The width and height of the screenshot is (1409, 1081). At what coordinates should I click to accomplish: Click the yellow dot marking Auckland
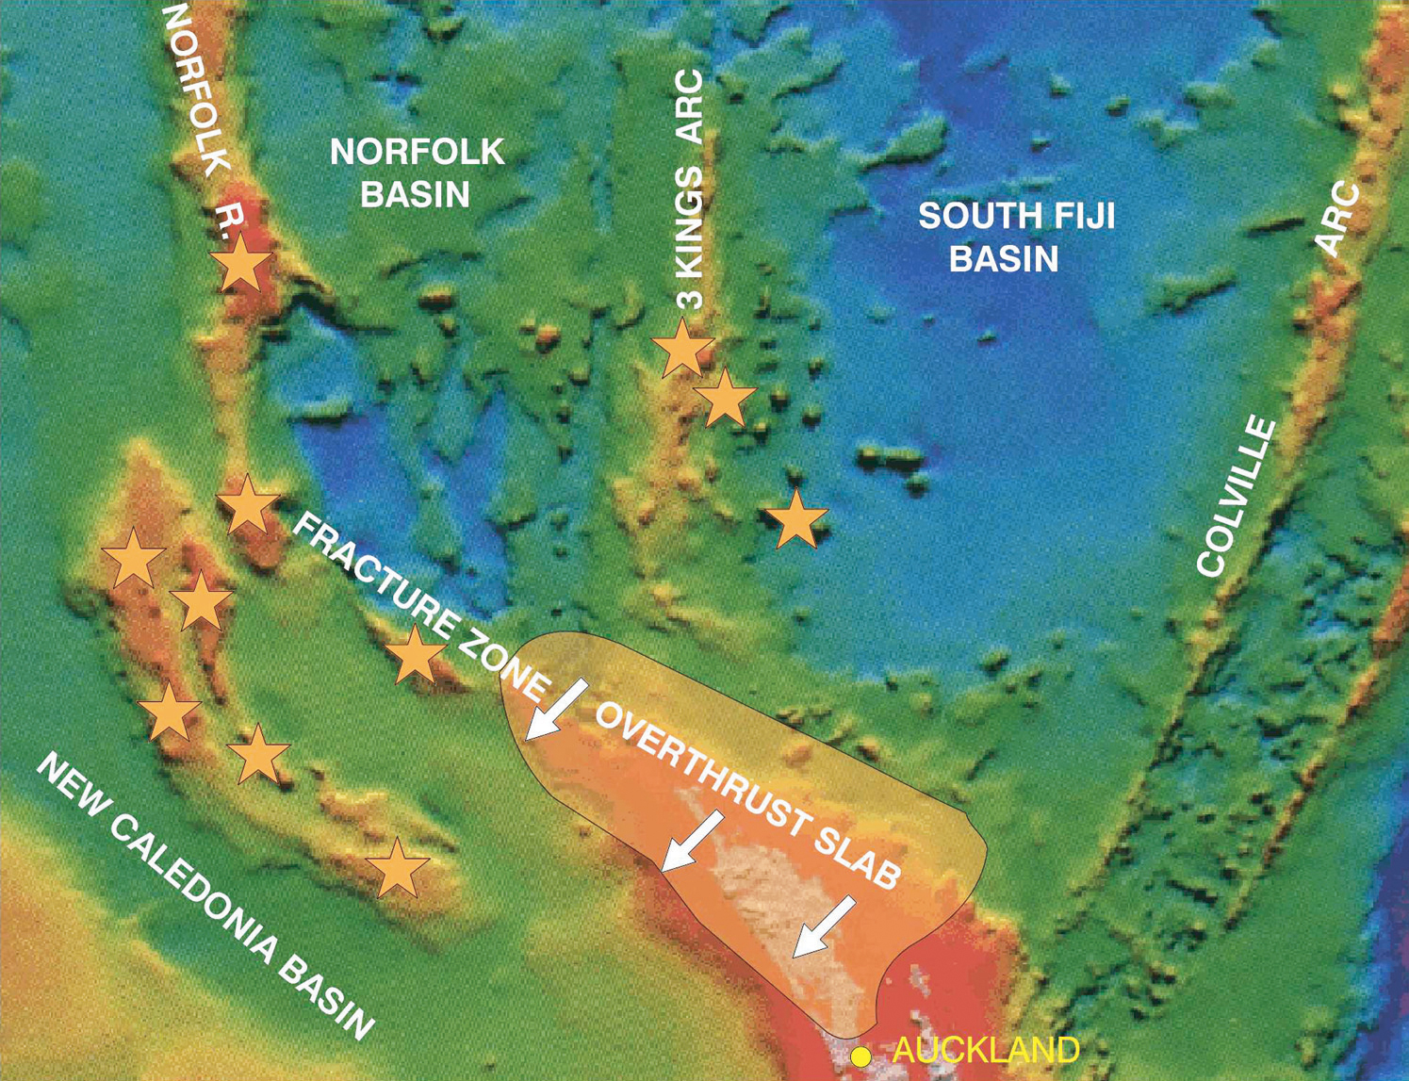point(860,1056)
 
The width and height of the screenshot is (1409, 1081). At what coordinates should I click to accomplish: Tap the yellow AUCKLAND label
point(985,1050)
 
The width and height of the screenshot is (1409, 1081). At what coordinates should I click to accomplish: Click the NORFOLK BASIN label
point(417,172)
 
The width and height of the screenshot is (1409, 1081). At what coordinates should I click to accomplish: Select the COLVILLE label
point(1237,497)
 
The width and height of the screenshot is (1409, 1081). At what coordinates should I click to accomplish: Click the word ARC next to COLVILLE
point(1339,220)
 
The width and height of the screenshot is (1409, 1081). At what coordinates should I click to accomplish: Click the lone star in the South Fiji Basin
point(796,518)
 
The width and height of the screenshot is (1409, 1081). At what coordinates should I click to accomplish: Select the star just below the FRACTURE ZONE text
point(414,654)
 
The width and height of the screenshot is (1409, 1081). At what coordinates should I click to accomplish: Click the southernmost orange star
point(397,867)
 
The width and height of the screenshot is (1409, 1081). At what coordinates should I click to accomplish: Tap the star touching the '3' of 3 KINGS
point(681,348)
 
